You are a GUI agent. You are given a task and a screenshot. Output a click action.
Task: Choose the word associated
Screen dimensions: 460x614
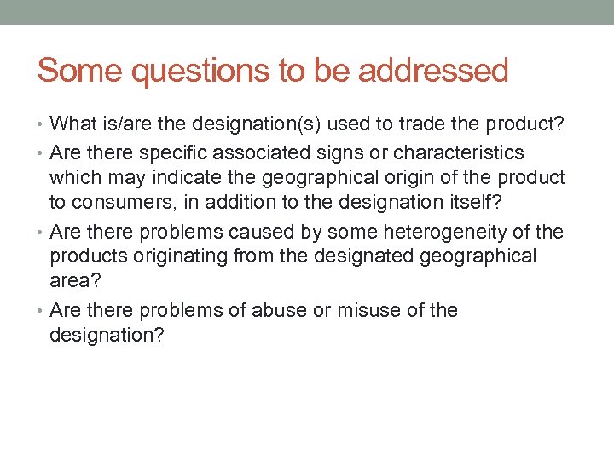(248, 152)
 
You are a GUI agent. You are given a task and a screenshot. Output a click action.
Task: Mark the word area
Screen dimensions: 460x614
(70, 280)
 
